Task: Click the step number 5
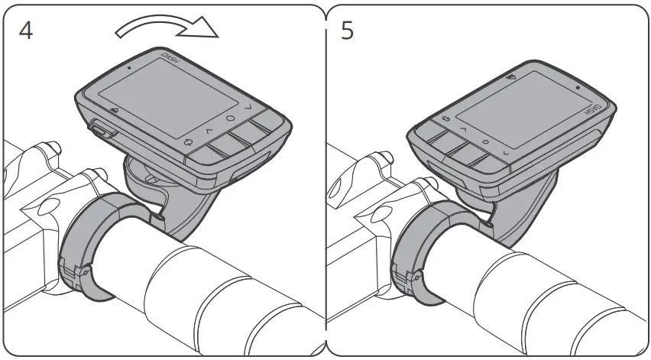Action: pos(347,33)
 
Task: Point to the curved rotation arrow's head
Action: pos(208,31)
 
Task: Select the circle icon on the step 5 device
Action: pos(485,142)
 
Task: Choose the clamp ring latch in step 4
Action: pos(76,271)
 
